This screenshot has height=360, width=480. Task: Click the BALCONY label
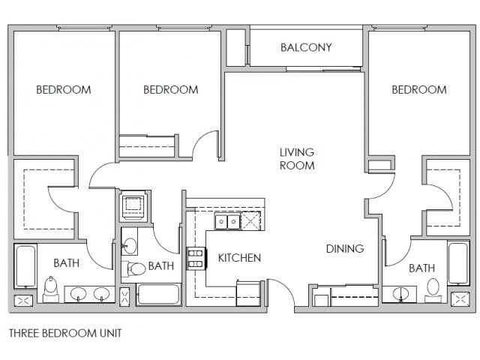point(306,47)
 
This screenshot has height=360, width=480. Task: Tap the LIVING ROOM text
point(297,158)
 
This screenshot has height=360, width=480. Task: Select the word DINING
point(345,248)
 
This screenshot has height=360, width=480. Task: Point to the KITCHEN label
point(239,258)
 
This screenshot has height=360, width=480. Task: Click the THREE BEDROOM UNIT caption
point(65,333)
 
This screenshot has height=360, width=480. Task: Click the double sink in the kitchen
point(227,220)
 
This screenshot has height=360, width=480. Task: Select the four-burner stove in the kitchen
point(196,259)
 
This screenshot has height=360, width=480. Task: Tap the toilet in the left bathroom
point(51,289)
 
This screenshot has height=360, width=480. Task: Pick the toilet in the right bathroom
point(433,288)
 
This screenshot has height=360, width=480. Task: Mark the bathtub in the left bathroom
point(25,265)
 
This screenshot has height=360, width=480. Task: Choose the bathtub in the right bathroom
point(458,263)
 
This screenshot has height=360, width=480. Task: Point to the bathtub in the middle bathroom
point(158,295)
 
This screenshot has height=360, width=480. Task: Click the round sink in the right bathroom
point(400,294)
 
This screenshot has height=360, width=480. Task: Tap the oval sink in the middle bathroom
point(130,246)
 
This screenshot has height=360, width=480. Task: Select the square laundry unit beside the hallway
point(133,205)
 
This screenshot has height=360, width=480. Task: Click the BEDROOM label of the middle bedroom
point(171,90)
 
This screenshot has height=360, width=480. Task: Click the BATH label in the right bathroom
point(421,268)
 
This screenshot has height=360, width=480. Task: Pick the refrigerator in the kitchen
point(248,293)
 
